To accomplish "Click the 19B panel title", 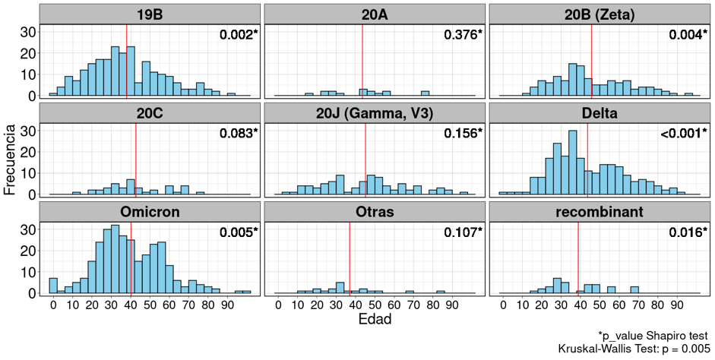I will click(x=150, y=14).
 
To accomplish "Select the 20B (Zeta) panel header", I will click(x=600, y=14).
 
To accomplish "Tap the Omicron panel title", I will click(x=150, y=211).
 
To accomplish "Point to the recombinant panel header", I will click(x=600, y=211).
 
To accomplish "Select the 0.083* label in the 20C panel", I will click(x=239, y=134).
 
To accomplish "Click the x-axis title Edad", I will click(x=375, y=321).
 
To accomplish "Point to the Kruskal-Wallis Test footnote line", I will click(x=633, y=349).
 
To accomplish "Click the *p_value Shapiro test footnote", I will click(x=653, y=335).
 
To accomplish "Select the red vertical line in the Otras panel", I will click(x=350, y=258).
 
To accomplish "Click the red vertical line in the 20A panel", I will click(x=362, y=61).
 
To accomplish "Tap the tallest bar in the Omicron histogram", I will click(x=115, y=258).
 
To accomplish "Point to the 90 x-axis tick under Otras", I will click(x=452, y=305).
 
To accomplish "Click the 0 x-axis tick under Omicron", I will click(x=53, y=305).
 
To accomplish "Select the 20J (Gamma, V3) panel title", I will click(x=375, y=113).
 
